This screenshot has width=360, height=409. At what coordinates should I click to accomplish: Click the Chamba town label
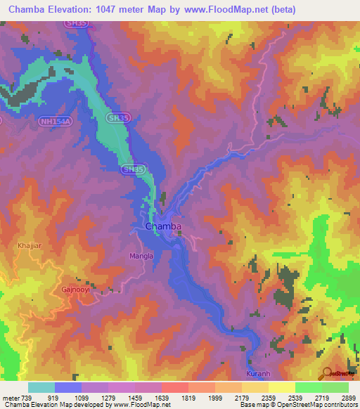pyautogui.click(x=163, y=226)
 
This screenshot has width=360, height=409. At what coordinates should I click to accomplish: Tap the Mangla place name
pyautogui.click(x=141, y=257)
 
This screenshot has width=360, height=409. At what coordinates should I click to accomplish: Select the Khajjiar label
pyautogui.click(x=30, y=246)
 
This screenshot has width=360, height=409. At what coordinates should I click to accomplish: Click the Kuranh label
pyautogui.click(x=257, y=373)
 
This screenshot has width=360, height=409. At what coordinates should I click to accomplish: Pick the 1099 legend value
pyautogui.click(x=81, y=398)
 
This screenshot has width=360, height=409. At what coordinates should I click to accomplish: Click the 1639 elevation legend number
pyautogui.click(x=161, y=398)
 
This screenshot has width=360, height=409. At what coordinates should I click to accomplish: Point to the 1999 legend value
pyautogui.click(x=214, y=398)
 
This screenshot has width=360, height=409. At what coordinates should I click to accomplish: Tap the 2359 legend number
pyautogui.click(x=268, y=398)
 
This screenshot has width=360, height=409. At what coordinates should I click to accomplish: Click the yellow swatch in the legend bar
pyautogui.click(x=281, y=387)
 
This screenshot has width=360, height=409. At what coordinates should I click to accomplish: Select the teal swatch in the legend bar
pyautogui.click(x=41, y=387)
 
